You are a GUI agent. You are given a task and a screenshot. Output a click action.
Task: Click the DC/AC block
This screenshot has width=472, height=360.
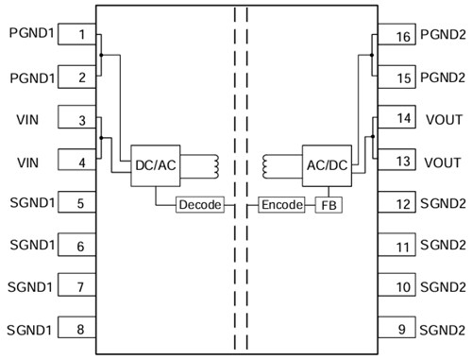156,164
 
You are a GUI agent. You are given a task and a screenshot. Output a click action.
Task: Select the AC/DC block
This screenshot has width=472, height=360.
326,164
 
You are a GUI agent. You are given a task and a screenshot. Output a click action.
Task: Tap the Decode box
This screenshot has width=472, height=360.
198,205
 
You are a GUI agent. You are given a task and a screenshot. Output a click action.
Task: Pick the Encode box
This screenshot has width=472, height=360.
281,205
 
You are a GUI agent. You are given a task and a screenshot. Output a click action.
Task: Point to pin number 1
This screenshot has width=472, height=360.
82,35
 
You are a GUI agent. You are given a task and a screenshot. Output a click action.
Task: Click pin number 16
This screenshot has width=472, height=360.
402,37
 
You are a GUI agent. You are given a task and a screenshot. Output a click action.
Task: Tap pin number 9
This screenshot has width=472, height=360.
402,330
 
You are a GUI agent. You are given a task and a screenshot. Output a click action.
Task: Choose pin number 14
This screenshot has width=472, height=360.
402,119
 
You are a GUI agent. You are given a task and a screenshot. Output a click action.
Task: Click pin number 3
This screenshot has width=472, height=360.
82,120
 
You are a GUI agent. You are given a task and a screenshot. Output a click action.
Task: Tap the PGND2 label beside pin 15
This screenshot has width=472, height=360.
444,77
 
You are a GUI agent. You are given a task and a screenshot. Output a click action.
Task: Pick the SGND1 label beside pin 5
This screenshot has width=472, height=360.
31,202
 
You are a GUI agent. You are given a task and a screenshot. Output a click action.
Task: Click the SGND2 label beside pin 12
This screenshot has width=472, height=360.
444,203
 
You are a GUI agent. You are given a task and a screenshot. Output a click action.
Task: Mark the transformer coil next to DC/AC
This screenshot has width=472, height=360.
215,165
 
